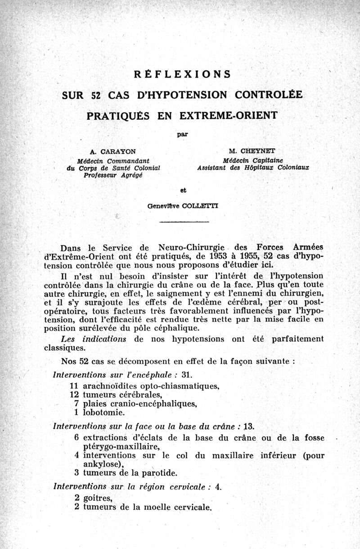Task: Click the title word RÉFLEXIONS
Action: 182,74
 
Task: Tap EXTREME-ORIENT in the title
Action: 228,115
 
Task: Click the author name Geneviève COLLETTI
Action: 183,206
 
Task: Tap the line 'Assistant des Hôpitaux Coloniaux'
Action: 253,168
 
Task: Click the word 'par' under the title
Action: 182,134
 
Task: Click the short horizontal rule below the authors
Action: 184,222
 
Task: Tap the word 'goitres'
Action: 98,498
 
